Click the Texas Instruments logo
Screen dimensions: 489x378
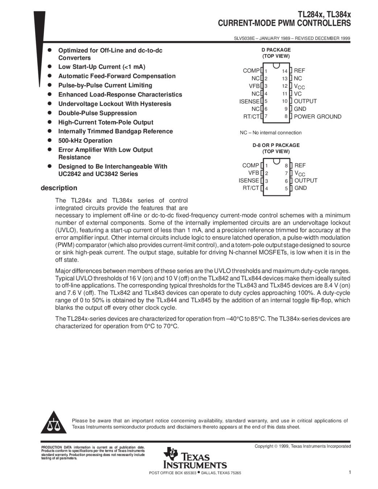coord(195,458)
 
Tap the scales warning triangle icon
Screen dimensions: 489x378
coord(53,423)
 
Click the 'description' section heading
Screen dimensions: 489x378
coord(59,188)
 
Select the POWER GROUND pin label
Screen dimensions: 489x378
coord(317,117)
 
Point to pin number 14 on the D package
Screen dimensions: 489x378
coord(284,71)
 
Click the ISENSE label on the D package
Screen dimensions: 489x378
coord(249,101)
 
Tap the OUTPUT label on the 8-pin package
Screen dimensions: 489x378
coord(306,180)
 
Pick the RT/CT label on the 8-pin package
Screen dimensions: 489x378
coord(251,188)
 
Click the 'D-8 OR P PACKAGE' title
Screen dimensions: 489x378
coord(276,145)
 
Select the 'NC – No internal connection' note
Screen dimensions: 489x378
coord(271,133)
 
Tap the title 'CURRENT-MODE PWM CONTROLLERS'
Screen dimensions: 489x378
coord(284,24)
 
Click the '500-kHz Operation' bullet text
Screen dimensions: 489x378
coord(85,141)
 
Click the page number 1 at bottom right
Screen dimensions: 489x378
coord(349,472)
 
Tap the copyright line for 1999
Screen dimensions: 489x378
coord(303,446)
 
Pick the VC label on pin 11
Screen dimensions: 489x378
coord(298,94)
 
